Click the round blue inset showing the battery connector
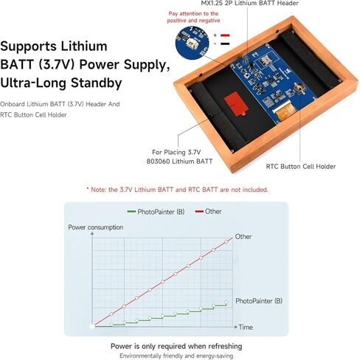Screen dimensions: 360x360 192,43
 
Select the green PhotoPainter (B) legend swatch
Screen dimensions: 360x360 131,212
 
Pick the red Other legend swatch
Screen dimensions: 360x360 199,212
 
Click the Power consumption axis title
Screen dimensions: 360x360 96,227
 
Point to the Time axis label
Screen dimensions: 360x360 246,328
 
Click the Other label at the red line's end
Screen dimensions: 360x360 243,237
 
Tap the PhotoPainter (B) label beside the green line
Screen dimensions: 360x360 259,301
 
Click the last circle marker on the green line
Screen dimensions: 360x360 226,302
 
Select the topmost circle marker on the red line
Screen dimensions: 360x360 226,241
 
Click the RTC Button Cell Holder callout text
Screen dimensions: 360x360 301,167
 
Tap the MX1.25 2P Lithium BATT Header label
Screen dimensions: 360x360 250,3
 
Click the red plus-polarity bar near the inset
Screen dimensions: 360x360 225,35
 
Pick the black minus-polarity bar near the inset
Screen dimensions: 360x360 225,44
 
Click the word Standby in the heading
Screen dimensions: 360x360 96,83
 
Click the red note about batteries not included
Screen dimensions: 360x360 177,190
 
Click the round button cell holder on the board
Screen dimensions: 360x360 299,88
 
